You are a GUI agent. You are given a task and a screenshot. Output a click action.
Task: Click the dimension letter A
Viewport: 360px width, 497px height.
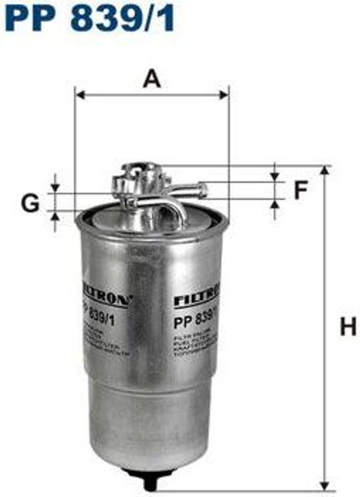[x=152, y=79]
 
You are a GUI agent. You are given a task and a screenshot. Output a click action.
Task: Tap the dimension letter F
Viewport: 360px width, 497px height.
[x=301, y=191]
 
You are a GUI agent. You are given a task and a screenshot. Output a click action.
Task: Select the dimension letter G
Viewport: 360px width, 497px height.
[x=30, y=203]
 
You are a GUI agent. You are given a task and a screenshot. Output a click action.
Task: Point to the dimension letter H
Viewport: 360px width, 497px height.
[x=348, y=327]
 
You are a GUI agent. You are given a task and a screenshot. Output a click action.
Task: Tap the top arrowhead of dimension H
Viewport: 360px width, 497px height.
[x=325, y=171]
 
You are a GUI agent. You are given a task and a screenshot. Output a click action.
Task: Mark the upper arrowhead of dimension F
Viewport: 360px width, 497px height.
[x=275, y=176]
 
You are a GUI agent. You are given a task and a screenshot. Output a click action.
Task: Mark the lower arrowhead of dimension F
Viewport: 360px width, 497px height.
[x=275, y=204]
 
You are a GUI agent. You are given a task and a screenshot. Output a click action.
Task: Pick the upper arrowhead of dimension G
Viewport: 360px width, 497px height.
[x=55, y=187]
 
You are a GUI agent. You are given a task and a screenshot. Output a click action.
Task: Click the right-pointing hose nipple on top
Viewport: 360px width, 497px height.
[x=196, y=189]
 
